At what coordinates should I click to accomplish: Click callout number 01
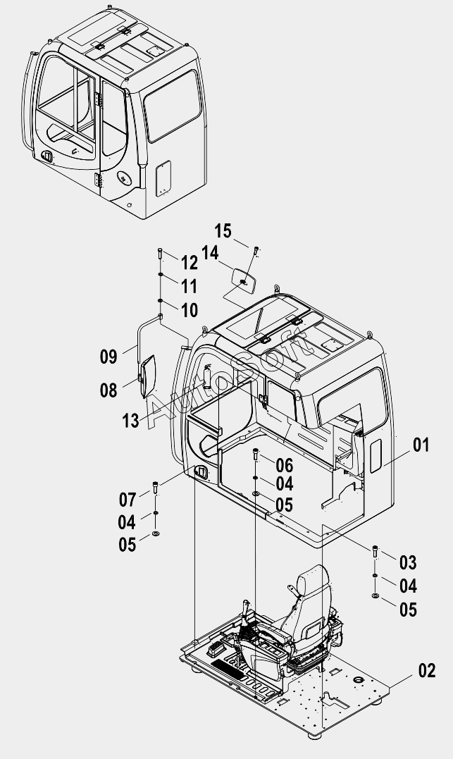click(x=421, y=445)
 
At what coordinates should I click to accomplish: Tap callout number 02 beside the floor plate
click(x=427, y=670)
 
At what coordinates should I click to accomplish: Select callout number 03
click(x=408, y=562)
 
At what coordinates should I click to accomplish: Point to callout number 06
click(x=285, y=465)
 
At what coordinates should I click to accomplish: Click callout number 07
click(x=128, y=499)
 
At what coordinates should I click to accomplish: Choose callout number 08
click(x=109, y=390)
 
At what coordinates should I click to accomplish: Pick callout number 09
click(x=109, y=357)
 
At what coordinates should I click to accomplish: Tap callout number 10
click(x=190, y=310)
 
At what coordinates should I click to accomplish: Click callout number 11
click(x=190, y=286)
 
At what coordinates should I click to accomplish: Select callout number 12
click(x=190, y=263)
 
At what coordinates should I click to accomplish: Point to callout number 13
click(x=130, y=421)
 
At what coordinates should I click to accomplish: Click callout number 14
click(x=210, y=253)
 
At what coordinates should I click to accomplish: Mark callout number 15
click(x=223, y=231)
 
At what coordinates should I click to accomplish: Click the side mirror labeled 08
click(x=147, y=376)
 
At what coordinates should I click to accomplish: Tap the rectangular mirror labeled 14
click(x=244, y=280)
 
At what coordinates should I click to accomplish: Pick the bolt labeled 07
click(x=156, y=488)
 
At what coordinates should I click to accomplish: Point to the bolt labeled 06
click(x=256, y=455)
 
